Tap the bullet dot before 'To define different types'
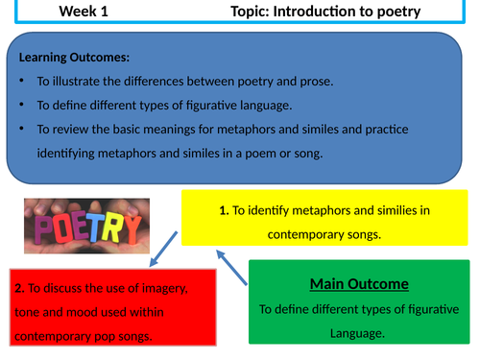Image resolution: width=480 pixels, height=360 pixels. coord(24,106)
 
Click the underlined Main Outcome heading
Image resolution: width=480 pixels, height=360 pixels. coord(361,283)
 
